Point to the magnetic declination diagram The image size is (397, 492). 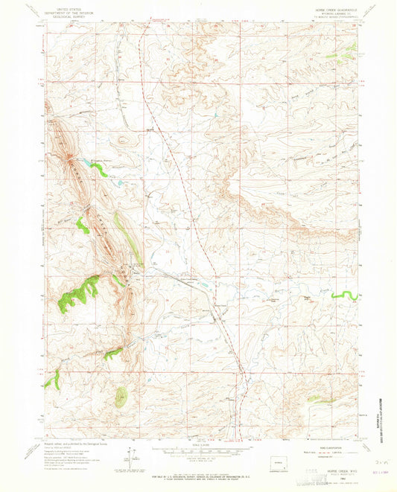click(x=133, y=455)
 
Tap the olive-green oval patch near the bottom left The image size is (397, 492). click(x=121, y=397)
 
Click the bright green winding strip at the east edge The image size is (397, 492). click(x=343, y=296)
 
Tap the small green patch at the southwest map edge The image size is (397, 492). click(x=51, y=381)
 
